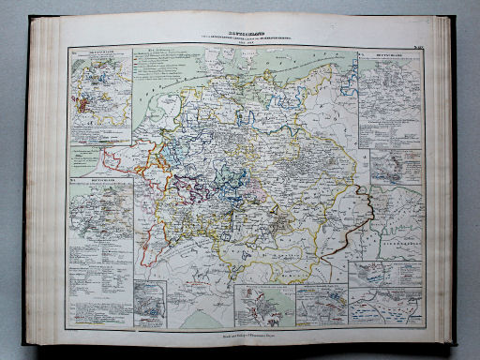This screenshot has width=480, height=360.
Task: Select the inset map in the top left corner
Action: click(x=97, y=94)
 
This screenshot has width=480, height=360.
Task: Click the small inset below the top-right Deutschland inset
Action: click(x=396, y=166)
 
